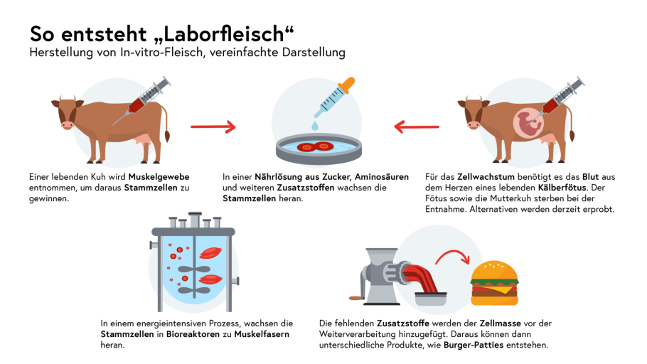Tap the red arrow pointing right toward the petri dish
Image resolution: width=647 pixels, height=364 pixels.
[213, 127]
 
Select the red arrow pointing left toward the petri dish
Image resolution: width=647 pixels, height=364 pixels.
[417, 127]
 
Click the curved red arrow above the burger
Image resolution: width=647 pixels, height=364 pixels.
[453, 256]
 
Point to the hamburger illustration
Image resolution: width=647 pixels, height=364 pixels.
[494, 283]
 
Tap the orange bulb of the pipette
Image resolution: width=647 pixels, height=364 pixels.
[346, 85]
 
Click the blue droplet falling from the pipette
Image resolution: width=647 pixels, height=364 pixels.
[315, 125]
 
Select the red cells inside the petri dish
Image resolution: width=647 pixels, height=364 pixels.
[315, 146]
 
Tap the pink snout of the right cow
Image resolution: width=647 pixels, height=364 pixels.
[474, 124]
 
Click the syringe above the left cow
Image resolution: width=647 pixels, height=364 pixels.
[141, 100]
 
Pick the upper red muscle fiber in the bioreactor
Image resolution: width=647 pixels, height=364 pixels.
[210, 252]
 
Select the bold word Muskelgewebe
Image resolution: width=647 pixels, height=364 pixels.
[159, 177]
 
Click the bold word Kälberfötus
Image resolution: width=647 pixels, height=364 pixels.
[562, 188]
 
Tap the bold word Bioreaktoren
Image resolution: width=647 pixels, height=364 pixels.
[193, 334]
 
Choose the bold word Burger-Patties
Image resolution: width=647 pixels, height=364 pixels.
[474, 345]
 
